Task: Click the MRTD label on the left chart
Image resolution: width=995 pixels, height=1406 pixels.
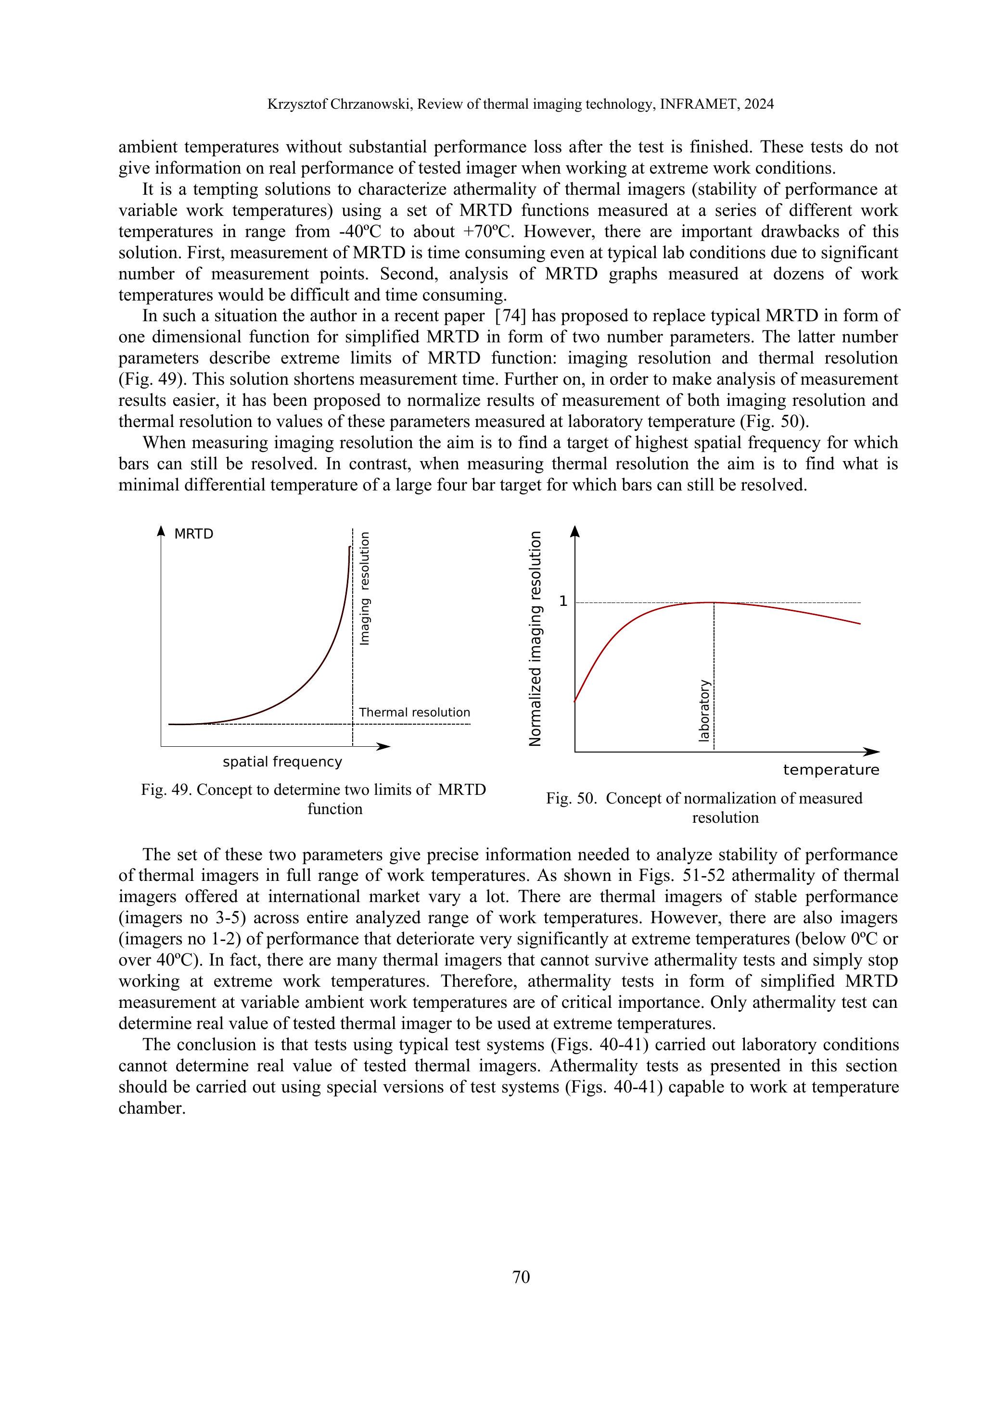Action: click(193, 534)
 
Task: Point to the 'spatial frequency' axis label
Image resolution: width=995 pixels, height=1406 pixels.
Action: click(282, 762)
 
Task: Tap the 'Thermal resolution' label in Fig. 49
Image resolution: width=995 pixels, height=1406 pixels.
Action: click(414, 712)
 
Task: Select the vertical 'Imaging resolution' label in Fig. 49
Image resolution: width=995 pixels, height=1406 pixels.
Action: click(365, 589)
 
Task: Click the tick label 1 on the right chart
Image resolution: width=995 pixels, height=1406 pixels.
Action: click(563, 602)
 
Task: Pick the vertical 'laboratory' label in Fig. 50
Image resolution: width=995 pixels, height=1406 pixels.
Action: click(704, 710)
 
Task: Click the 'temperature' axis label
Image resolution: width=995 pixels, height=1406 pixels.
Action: click(831, 770)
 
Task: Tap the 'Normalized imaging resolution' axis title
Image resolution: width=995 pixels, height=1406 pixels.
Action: click(536, 639)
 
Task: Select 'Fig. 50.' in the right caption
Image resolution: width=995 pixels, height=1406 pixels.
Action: click(571, 799)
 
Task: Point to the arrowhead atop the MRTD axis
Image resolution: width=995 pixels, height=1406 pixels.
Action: click(161, 530)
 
